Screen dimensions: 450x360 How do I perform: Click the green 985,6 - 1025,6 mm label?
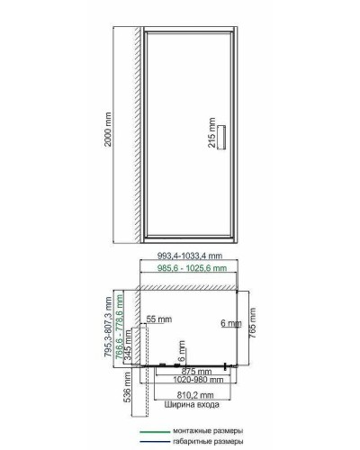coord(188,268)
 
